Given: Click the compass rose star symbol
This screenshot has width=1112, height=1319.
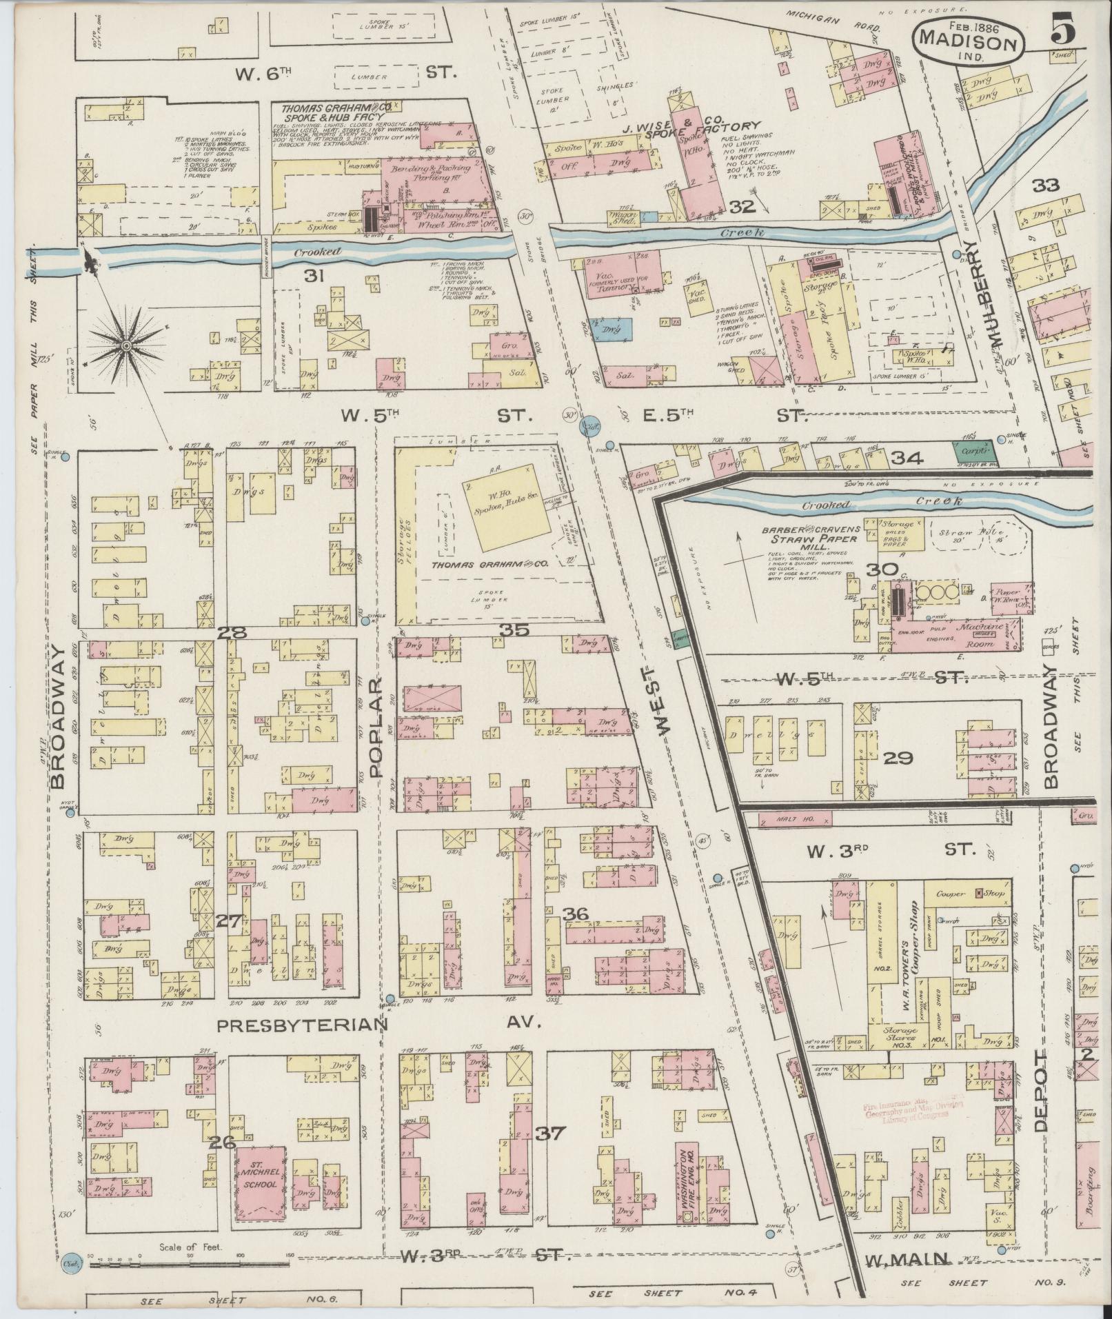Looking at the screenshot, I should coord(128,343).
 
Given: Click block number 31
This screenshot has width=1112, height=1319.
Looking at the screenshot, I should coord(314,276).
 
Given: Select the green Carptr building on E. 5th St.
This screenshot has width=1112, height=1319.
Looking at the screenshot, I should coord(974,452).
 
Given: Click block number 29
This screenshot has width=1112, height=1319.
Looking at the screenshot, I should coord(898,758).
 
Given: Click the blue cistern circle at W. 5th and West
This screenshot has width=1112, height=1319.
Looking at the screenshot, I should coord(590,425).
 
